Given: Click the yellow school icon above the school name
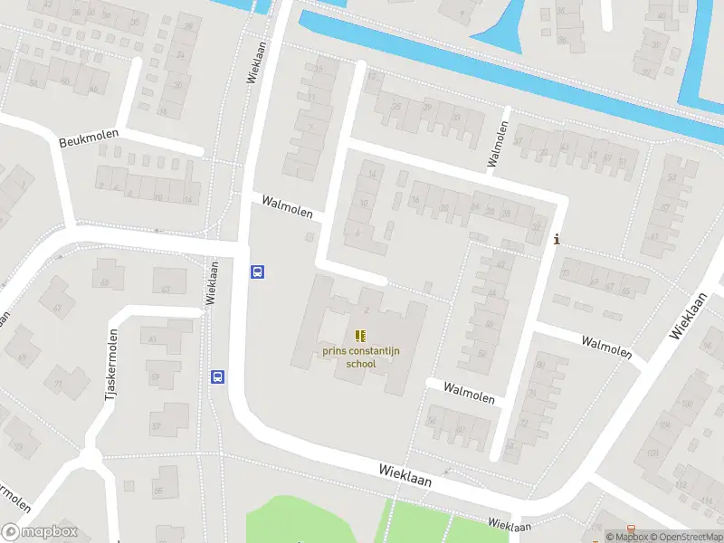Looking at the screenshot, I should pos(360,336).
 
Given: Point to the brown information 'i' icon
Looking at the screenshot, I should pos(557,240).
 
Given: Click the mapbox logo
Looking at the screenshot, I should pos(40,532).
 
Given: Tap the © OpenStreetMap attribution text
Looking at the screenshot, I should pos(690,537).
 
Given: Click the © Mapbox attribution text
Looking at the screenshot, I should pos(628,537).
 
